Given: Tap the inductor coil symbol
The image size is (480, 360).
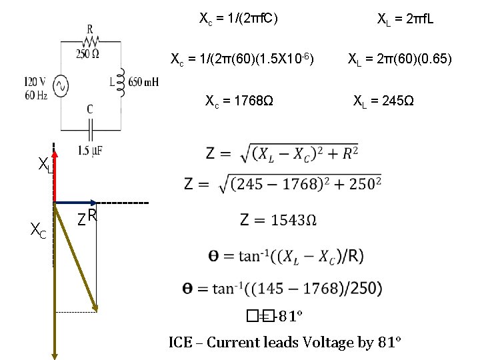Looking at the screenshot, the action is (121, 81).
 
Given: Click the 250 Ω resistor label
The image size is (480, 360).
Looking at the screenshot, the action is (89, 53).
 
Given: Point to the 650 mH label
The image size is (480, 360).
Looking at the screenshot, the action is (143, 82).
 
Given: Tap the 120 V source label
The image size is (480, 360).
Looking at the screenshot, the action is (35, 81).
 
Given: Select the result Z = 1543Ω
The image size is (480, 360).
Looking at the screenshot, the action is (278, 220).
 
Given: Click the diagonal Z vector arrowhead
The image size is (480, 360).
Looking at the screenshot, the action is (96, 306).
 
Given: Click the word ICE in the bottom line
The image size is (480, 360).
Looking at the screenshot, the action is (181, 343).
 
